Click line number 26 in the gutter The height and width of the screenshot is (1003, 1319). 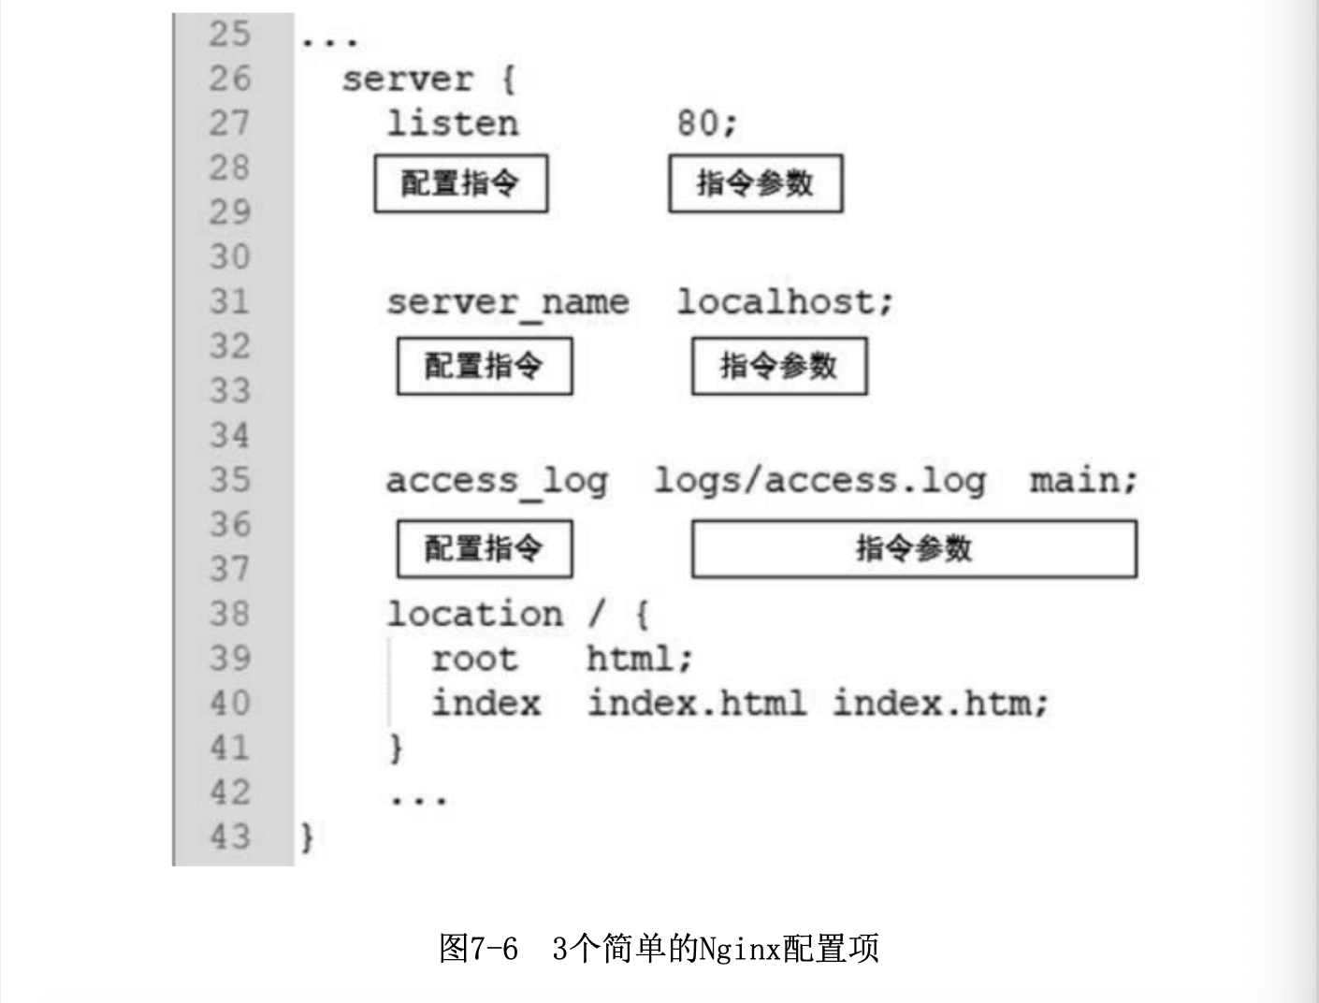point(229,79)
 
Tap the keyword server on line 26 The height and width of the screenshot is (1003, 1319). point(407,80)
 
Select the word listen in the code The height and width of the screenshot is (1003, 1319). point(453,124)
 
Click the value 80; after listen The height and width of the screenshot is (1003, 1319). point(707,124)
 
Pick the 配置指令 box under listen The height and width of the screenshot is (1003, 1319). point(460,183)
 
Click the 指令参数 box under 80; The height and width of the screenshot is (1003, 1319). point(755,183)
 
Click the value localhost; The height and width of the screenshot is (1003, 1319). point(785,302)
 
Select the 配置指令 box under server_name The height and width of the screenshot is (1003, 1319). point(484,366)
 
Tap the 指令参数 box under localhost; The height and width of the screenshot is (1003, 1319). point(778,366)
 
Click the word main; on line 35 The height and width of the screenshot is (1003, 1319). point(1083,481)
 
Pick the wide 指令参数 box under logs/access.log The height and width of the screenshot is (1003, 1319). point(914,548)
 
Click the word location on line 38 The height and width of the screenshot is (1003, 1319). point(474,615)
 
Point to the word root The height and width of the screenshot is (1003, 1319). point(473,660)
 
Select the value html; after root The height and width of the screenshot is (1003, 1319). point(639,660)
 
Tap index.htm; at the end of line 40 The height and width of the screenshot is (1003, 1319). point(940,704)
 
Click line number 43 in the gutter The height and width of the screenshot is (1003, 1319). point(229,836)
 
